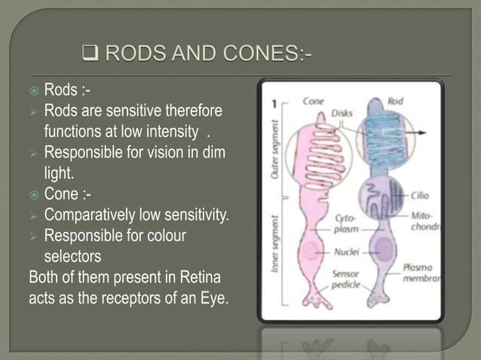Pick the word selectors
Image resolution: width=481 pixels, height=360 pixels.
pyautogui.click(x=75, y=257)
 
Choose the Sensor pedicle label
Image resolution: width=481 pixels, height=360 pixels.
pyautogui.click(x=348, y=281)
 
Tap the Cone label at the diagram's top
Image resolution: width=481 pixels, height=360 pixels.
pyautogui.click(x=314, y=100)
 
